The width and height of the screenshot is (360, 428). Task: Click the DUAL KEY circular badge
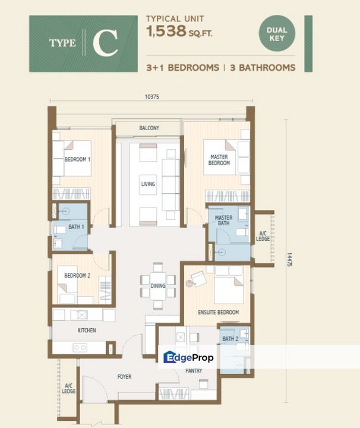pos(277,33)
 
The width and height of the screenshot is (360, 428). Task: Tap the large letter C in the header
pos(105,43)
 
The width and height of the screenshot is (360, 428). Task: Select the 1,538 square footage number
pos(166,31)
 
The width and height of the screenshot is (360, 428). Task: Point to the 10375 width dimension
pos(152,97)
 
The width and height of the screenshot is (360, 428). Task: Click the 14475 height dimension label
pos(289,260)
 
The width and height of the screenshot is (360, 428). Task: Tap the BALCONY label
pos(149,128)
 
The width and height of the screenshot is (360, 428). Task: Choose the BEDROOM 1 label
pos(77,159)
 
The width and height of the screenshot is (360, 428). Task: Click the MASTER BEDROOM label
pos(219,160)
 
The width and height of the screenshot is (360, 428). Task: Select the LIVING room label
pos(148,184)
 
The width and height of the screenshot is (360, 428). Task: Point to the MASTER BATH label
pos(223,221)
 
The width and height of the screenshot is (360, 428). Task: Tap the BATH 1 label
pos(77,226)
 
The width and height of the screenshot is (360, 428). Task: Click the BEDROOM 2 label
pos(77,276)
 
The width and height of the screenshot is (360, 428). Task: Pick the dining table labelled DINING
pos(158,285)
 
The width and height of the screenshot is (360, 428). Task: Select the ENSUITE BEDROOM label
pos(219,312)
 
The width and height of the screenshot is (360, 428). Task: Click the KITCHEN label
pos(87,331)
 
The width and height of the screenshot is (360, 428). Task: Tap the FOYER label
pos(124,377)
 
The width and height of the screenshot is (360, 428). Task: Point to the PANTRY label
pos(194,371)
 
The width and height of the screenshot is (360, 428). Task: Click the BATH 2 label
pos(230,339)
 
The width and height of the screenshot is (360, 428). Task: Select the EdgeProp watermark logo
pos(188,357)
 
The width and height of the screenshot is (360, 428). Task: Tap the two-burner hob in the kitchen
pos(80,348)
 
